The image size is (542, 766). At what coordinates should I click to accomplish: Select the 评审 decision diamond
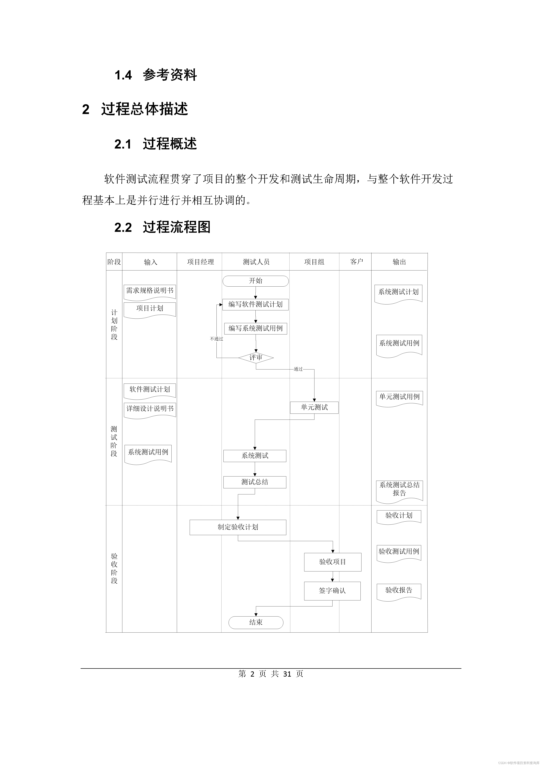256,358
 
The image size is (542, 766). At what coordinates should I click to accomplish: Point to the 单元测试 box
314,407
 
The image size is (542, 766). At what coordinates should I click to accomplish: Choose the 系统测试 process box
255,456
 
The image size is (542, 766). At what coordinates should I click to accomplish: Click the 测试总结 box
255,482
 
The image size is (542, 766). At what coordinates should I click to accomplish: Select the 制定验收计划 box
238,527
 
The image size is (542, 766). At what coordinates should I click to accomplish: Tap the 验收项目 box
332,562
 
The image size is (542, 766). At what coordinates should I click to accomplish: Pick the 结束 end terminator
256,622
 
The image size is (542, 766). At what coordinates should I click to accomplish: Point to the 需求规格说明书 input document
150,291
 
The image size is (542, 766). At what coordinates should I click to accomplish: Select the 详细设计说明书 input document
150,409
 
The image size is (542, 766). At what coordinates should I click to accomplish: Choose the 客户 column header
356,262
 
